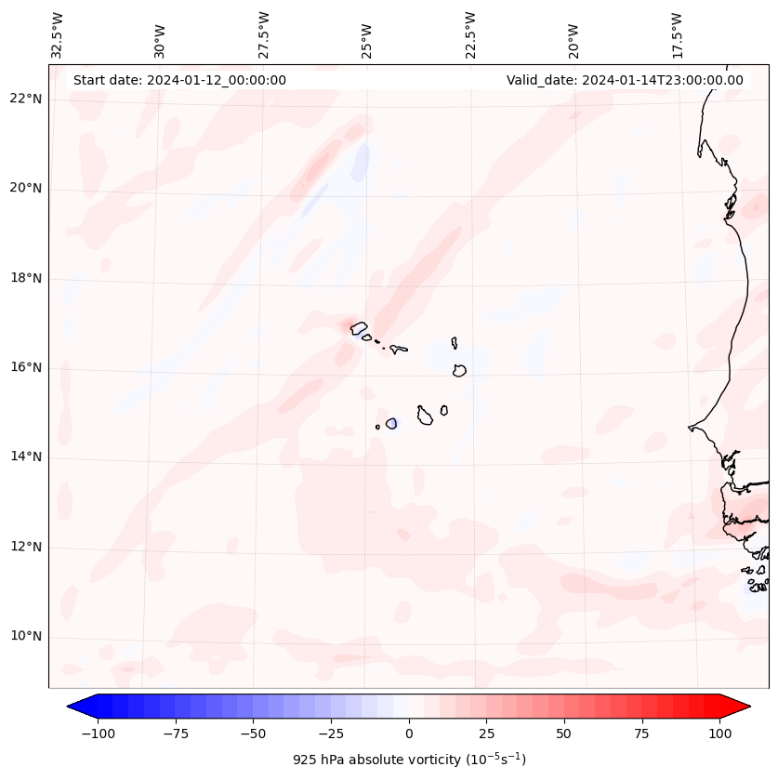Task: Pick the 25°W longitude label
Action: pyautogui.click(x=367, y=34)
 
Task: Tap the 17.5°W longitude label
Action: pyautogui.click(x=677, y=34)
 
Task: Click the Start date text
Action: pyautogui.click(x=179, y=80)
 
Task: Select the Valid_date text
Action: pyautogui.click(x=625, y=80)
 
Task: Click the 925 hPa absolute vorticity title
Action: pyautogui.click(x=409, y=760)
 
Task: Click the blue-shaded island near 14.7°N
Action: pyautogui.click(x=391, y=424)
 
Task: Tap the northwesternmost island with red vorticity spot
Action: pyautogui.click(x=359, y=326)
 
